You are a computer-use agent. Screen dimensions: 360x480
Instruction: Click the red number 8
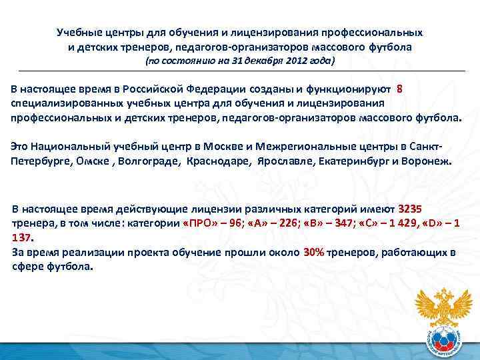click(399, 89)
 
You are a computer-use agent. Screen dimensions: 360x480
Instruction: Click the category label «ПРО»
click(200, 223)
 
